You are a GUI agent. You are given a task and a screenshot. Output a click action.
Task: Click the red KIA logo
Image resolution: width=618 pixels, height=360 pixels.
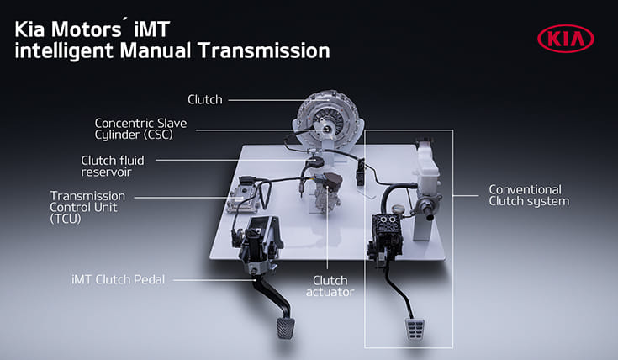click(x=564, y=38)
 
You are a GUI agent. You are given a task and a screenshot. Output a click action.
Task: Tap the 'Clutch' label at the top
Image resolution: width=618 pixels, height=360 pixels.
click(x=204, y=100)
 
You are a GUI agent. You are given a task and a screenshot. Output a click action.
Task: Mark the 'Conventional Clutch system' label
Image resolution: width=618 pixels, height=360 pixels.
click(x=529, y=195)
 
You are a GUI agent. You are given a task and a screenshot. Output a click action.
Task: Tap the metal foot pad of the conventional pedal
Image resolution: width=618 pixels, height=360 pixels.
click(x=415, y=326)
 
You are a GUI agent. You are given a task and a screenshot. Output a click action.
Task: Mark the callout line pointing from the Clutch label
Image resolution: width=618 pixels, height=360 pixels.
click(x=261, y=100)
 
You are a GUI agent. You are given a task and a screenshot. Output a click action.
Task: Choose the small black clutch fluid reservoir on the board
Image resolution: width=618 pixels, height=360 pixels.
click(x=316, y=160)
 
